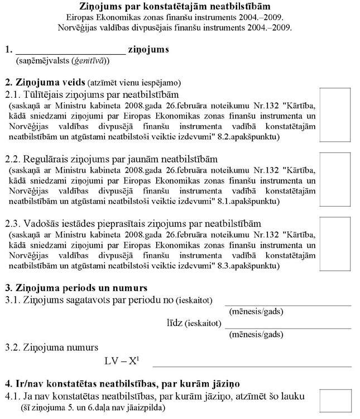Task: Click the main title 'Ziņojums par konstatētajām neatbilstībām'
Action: click(180, 7)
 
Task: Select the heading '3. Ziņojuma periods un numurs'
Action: click(76, 288)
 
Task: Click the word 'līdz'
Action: click(175, 323)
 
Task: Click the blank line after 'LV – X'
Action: click(251, 365)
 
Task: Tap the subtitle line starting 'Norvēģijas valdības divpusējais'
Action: click(180, 27)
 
